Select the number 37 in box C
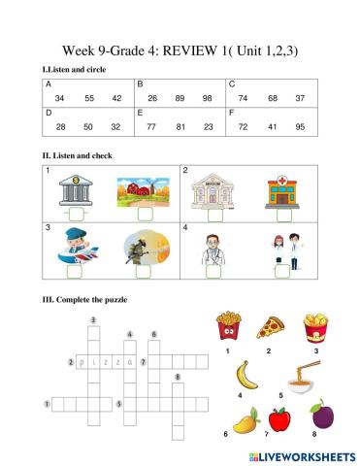click(300, 98)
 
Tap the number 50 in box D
click(88, 127)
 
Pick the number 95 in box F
click(300, 127)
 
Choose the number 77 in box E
click(151, 127)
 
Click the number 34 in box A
click(60, 98)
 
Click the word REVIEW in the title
click(185, 51)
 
